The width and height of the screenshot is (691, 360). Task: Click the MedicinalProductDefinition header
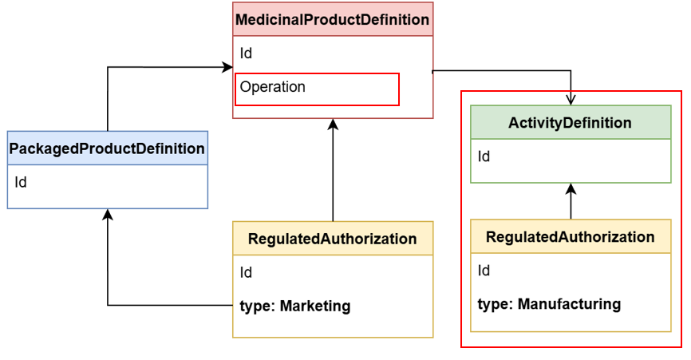click(x=333, y=20)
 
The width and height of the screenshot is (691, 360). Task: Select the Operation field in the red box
click(x=273, y=87)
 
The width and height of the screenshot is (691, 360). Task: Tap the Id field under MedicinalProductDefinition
click(x=247, y=53)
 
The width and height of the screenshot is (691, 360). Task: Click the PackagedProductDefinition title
click(x=107, y=148)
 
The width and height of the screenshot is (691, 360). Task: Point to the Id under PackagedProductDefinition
click(x=21, y=182)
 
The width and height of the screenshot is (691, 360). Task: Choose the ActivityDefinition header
click(x=570, y=123)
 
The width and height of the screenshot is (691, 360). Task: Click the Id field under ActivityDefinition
click(x=484, y=156)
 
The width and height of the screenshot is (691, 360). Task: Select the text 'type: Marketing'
click(x=295, y=306)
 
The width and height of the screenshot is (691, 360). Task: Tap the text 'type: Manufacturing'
click(x=549, y=304)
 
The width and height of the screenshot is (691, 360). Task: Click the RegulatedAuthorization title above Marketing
click(x=332, y=239)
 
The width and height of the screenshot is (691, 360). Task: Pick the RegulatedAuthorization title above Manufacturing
click(x=570, y=237)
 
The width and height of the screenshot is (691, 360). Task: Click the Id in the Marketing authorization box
click(x=247, y=272)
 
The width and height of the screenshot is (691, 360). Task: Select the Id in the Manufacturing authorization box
click(x=484, y=271)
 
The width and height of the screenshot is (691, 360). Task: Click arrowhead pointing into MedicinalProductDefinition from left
click(x=227, y=67)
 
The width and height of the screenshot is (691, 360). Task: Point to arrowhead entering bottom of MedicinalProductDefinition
click(x=334, y=124)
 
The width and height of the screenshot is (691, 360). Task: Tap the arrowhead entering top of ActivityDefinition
click(x=571, y=100)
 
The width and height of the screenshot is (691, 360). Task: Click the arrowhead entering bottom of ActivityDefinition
click(x=571, y=189)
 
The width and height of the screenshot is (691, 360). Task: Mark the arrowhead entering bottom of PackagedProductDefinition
click(x=108, y=215)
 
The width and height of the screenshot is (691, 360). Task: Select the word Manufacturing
click(x=569, y=304)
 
